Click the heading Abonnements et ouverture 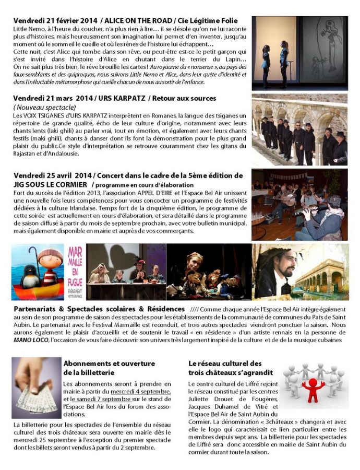[x=109, y=363]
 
